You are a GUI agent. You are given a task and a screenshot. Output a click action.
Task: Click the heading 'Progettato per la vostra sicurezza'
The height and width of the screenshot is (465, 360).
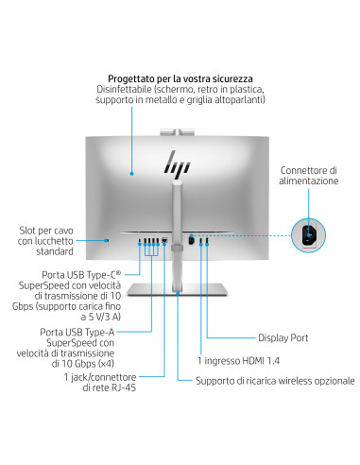coord(179,77)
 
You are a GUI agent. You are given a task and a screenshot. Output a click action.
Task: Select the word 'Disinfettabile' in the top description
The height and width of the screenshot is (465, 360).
coord(124,89)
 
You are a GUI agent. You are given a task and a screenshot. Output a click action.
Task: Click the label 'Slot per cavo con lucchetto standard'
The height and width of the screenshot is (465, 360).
coord(48,241)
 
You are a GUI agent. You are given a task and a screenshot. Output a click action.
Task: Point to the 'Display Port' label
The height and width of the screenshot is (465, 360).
coord(283,337)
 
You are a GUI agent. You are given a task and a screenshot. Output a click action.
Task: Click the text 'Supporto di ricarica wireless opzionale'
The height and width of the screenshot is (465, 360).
coord(275,382)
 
